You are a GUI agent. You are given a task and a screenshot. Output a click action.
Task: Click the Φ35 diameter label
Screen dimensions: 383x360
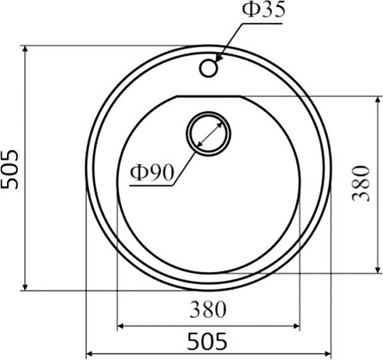(x=263, y=9)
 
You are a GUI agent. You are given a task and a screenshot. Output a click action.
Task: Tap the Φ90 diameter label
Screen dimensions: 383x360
(x=152, y=172)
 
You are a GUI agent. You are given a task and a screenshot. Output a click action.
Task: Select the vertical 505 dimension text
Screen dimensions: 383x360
(x=10, y=169)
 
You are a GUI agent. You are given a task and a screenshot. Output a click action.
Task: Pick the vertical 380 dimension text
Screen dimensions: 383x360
(x=360, y=183)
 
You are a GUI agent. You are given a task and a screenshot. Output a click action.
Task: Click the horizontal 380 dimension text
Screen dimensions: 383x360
(x=208, y=309)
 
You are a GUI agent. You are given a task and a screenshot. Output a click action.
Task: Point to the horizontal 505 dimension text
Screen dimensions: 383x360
(x=207, y=341)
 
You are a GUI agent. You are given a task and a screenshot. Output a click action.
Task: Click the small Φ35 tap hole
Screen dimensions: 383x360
(x=208, y=68)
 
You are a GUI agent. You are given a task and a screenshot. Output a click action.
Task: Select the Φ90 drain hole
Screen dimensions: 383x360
(x=208, y=134)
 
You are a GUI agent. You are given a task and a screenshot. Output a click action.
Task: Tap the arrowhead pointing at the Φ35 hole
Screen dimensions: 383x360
(x=219, y=58)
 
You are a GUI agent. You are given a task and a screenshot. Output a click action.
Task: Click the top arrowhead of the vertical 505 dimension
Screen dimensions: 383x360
(x=25, y=49)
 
